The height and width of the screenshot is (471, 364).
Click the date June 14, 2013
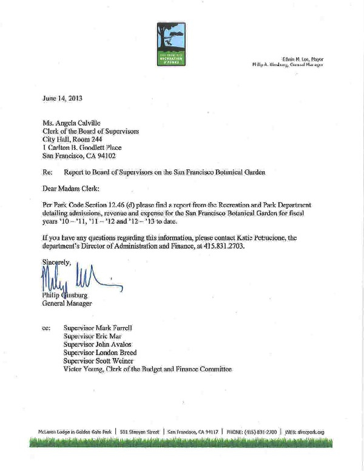tap(62, 97)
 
